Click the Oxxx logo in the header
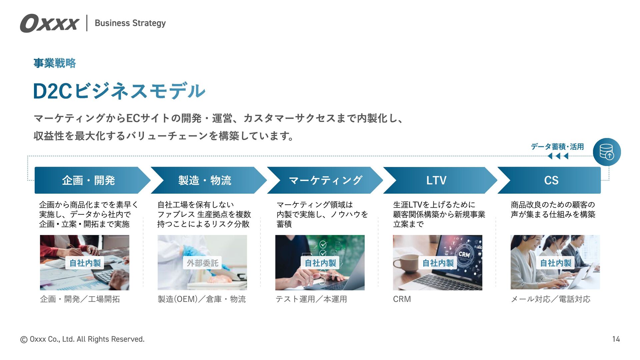click(49, 23)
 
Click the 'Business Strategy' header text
click(130, 23)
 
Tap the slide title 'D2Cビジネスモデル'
click(119, 91)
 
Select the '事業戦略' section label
click(55, 63)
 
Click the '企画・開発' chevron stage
click(89, 180)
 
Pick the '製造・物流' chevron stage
click(205, 180)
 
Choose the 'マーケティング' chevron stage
click(325, 180)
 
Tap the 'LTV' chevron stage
click(436, 180)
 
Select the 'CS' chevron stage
click(551, 180)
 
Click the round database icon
click(607, 152)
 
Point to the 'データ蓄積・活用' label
click(557, 147)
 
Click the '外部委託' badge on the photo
click(202, 263)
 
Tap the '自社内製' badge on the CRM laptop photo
click(438, 263)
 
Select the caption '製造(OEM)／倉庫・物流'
click(202, 299)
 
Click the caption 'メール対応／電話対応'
click(550, 299)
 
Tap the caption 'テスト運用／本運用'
click(311, 299)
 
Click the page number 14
click(616, 339)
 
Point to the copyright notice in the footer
click(82, 339)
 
